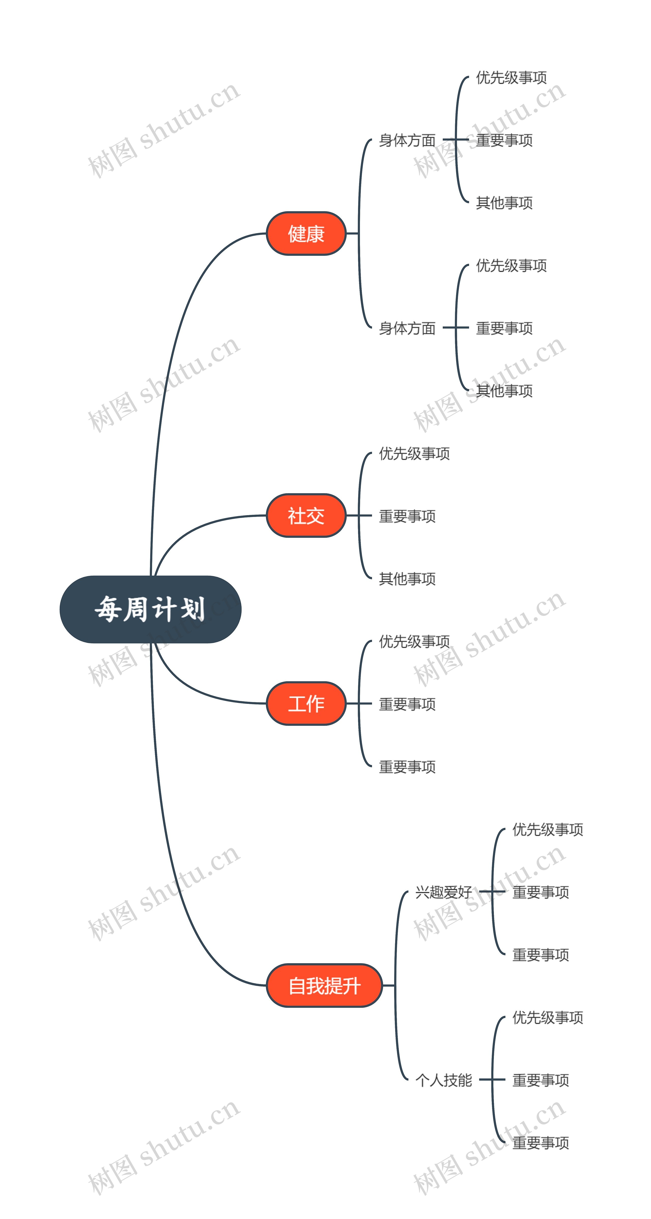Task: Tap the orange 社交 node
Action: point(306,515)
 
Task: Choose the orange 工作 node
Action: point(306,703)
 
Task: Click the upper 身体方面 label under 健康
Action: point(407,140)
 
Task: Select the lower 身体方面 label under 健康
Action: point(407,328)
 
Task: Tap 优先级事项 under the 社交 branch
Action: point(414,453)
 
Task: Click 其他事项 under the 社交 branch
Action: point(407,578)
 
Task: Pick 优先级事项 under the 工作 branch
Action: point(414,641)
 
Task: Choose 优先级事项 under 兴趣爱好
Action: point(548,829)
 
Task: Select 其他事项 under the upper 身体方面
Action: point(504,203)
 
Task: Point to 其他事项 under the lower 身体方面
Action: point(504,390)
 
